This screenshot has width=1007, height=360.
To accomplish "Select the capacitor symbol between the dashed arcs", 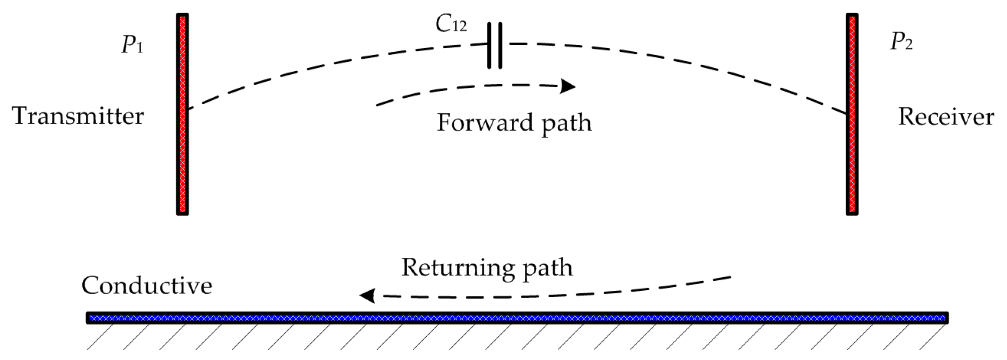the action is point(495,46).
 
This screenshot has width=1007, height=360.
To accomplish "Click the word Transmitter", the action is point(78,116).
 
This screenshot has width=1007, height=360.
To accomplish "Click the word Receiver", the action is point(946,116).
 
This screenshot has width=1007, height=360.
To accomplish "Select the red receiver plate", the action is point(852,156).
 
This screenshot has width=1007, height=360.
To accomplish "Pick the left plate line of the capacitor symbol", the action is point(490,46).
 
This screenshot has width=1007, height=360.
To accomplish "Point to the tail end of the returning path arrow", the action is point(729,278).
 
